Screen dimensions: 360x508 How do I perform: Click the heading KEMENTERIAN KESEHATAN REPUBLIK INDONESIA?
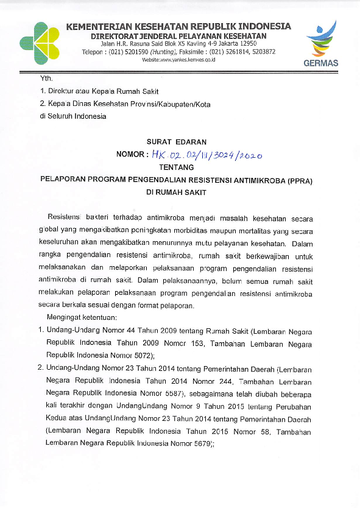tap(178, 26)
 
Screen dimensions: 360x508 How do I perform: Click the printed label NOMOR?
tap(129, 155)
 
